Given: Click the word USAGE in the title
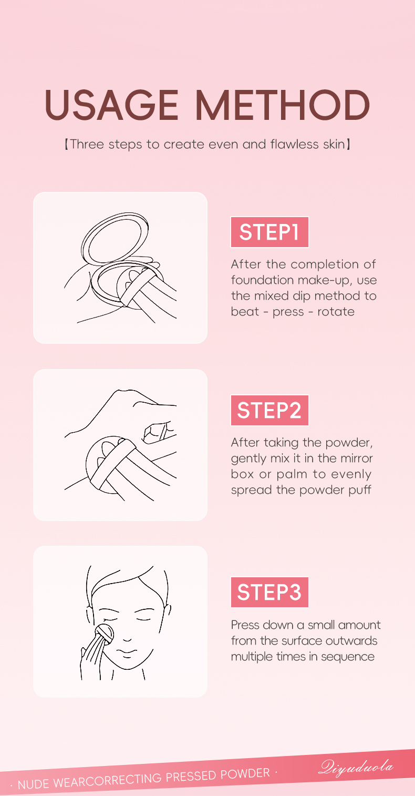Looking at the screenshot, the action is point(111,105).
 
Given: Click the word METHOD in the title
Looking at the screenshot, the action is point(283,105).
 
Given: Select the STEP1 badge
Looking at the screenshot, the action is point(269,232).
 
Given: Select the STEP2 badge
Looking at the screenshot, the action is point(269,410).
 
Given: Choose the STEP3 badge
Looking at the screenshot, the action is point(269,592).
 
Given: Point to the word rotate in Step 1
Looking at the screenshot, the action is point(336,312).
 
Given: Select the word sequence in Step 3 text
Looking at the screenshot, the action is point(348,657).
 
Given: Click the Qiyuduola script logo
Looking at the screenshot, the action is point(356,767).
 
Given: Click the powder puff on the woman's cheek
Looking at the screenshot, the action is point(105,635).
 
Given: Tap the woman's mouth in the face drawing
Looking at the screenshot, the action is point(127,652).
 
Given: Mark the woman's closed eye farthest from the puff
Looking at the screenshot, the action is point(144,619).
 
